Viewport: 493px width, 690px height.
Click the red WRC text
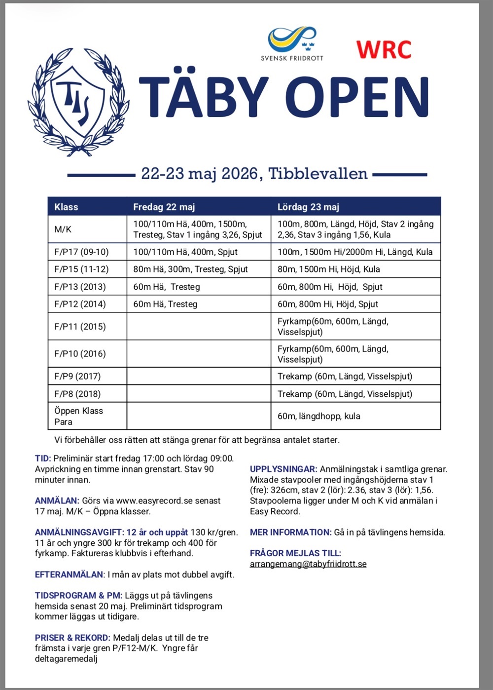click(384, 49)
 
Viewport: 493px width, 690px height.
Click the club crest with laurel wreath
click(79, 101)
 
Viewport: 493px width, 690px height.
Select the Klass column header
click(66, 207)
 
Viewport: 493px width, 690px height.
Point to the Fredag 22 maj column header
click(164, 207)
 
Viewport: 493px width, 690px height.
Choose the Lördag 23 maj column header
click(308, 207)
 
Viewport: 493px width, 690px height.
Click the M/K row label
click(63, 230)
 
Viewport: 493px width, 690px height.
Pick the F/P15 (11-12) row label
click(81, 269)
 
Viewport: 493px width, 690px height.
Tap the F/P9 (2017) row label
click(77, 376)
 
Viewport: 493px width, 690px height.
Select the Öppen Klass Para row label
click(78, 416)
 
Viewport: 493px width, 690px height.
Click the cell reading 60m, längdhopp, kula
click(318, 416)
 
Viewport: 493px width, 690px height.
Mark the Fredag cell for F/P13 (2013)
click(167, 287)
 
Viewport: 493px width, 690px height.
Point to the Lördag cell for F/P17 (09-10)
click(355, 252)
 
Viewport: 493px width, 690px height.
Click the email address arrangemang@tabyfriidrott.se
click(308, 564)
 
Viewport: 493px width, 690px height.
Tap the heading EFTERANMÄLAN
click(69, 575)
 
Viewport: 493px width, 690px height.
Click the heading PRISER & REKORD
click(72, 638)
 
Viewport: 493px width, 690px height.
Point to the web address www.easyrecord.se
click(154, 500)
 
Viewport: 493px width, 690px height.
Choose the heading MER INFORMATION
click(290, 532)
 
